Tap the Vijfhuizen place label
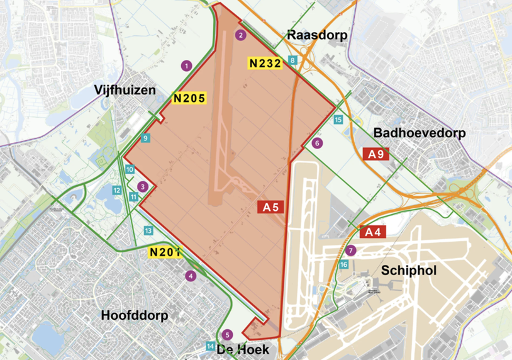tap(125, 90)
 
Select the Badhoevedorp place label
tap(419, 133)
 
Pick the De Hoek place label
tap(243, 349)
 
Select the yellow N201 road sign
tap(165, 253)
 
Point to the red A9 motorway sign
tap(377, 154)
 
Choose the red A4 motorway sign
tap(373, 232)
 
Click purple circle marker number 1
tap(186, 65)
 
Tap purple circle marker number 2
tap(240, 35)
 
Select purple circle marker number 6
tap(316, 143)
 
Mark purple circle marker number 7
tap(350, 250)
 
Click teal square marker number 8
tap(292, 60)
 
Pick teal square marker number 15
tap(338, 120)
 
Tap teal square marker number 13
tap(148, 231)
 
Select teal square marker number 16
tap(343, 265)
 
